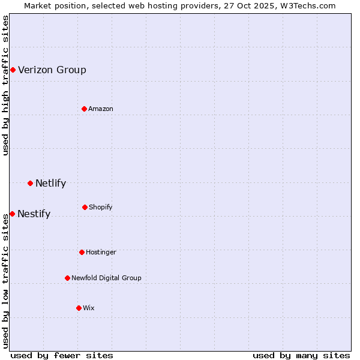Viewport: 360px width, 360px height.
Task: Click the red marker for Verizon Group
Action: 13,70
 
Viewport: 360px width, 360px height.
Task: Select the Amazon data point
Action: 84,109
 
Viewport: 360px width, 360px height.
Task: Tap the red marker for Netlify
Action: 30,183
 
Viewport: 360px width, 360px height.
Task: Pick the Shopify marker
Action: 85,207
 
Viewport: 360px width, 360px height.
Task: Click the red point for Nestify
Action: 12,214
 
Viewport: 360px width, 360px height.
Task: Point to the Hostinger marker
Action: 82,252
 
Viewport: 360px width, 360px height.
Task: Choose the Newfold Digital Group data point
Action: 67,278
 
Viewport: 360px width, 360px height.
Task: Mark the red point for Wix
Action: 79,308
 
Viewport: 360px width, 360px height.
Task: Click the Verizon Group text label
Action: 52,70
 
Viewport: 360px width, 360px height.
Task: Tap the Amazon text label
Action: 101,109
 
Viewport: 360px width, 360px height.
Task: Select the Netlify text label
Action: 50,183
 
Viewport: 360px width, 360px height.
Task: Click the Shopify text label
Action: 101,207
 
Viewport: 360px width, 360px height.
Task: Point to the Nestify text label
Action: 34,214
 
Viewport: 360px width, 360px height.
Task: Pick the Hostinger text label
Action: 101,252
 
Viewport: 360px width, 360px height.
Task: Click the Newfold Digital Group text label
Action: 106,278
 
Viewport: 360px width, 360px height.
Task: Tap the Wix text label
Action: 89,308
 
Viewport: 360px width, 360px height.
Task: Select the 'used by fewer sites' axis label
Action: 62,355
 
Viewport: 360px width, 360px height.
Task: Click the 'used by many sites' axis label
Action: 301,355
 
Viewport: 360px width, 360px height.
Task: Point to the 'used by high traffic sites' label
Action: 5,85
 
